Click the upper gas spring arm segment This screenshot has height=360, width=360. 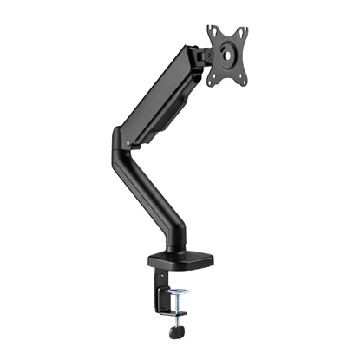tap(160, 95)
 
